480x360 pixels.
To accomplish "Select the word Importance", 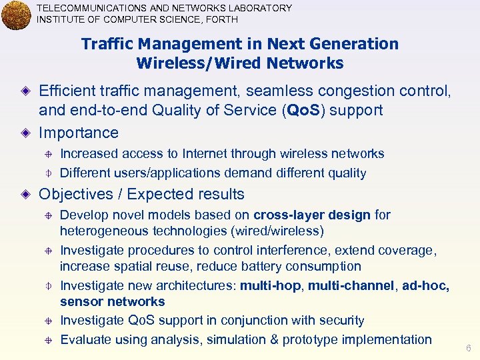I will click(79, 133).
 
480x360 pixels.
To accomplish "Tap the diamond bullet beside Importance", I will click(25, 133).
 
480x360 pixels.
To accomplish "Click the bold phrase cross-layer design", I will click(312, 215).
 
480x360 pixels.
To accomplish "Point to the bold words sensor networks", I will click(113, 302).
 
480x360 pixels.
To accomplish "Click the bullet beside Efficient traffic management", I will click(25, 91).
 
